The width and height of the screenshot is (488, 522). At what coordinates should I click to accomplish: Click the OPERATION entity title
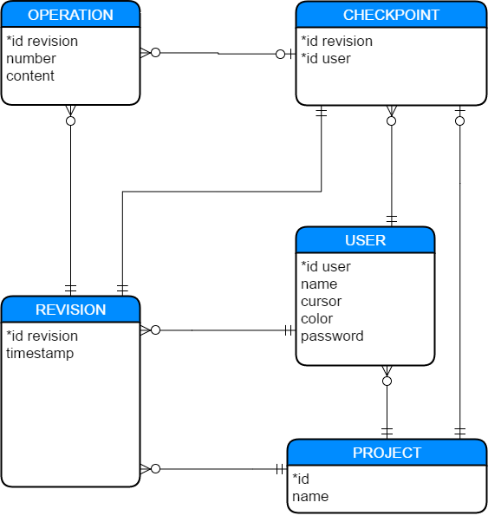click(x=70, y=15)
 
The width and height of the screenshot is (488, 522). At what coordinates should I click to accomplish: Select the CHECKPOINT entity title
click(x=391, y=15)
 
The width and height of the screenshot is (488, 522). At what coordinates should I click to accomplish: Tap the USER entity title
click(x=365, y=240)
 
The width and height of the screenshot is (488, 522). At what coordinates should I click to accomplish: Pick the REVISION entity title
click(x=70, y=310)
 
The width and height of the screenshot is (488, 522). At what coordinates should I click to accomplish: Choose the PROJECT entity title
click(x=387, y=453)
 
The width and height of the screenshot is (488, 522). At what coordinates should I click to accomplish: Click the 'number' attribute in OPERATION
click(x=31, y=58)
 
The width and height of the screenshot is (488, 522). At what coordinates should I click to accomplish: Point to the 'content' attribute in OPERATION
click(x=30, y=75)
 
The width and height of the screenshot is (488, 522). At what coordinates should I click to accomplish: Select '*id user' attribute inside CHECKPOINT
click(x=326, y=58)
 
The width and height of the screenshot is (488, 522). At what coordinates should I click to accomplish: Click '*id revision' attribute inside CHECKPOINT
click(x=336, y=41)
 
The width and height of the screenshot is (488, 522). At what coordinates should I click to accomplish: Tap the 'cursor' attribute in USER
click(x=321, y=301)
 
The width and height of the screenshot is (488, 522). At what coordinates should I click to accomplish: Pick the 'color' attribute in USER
click(x=316, y=318)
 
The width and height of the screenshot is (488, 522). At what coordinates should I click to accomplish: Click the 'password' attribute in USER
click(x=332, y=336)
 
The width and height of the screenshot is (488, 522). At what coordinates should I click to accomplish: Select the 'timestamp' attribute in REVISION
click(x=40, y=353)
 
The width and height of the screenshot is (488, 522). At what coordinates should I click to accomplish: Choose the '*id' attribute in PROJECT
click(x=300, y=479)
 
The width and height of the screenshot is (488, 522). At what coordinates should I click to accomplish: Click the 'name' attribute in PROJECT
click(x=310, y=496)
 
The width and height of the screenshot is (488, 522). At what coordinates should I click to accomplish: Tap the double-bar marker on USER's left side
click(x=289, y=330)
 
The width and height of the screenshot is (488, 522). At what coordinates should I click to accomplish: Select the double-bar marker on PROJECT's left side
click(x=280, y=469)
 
